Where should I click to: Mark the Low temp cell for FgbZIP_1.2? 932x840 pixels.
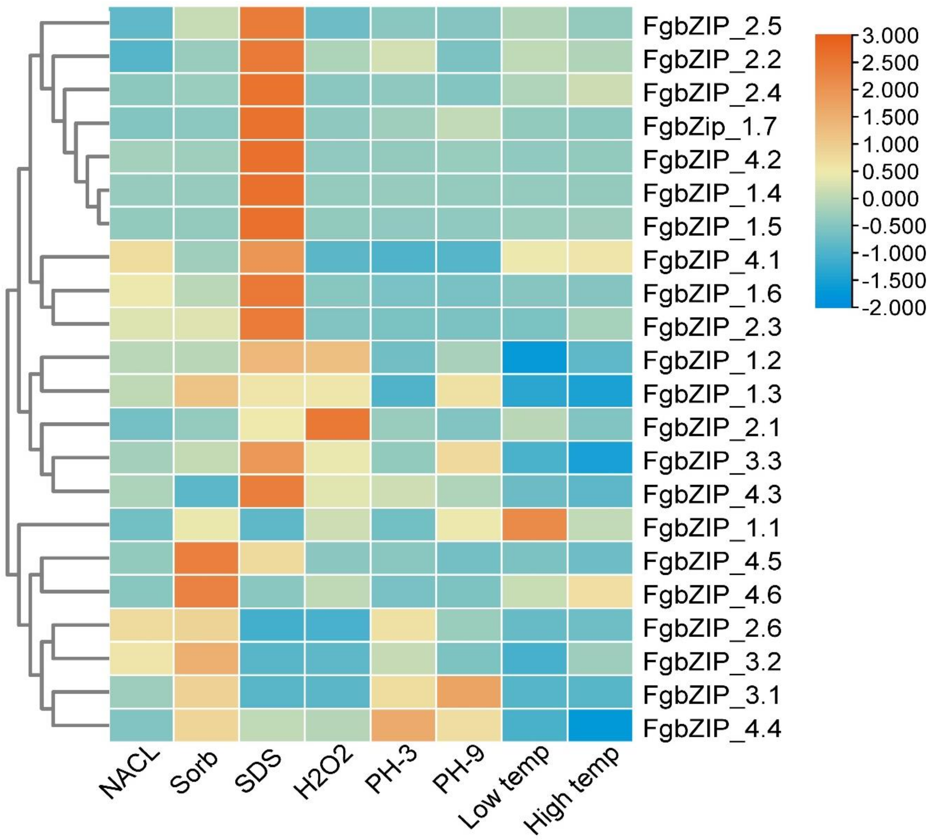coord(534,358)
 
